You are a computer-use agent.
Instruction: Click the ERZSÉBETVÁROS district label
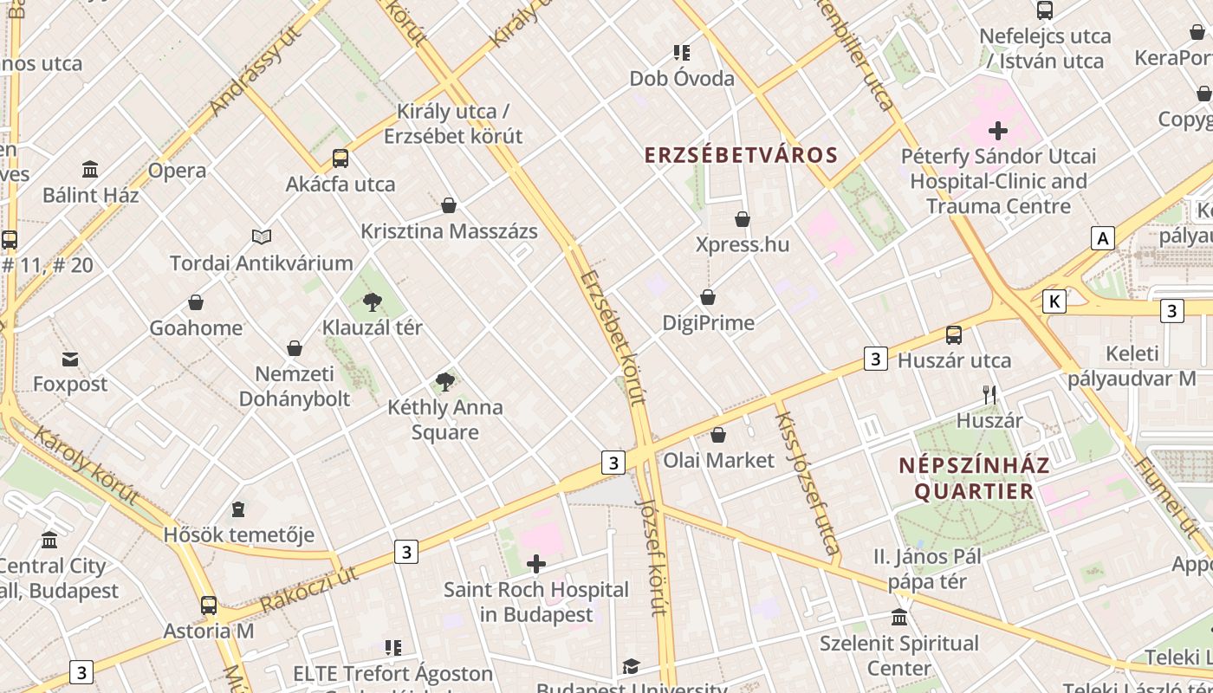pos(741,155)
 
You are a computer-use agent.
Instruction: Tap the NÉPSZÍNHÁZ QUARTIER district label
pos(974,478)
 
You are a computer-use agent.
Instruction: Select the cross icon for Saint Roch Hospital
pos(536,565)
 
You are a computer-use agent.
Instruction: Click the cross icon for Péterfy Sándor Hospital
pos(998,131)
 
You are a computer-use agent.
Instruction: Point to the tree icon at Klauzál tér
pos(373,302)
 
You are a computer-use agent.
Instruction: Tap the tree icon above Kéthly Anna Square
pos(445,381)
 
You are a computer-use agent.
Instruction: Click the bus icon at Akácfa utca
pos(341,159)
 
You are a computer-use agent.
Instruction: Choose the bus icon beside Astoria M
pos(209,605)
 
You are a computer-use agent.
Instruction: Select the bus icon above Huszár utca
pos(954,334)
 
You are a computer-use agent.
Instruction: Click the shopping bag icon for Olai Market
pos(718,435)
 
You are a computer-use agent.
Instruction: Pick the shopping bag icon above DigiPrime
pos(708,297)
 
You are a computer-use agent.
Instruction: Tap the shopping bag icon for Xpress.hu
pos(743,219)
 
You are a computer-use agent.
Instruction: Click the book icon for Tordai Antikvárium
pos(261,236)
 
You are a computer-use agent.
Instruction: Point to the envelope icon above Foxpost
pos(70,359)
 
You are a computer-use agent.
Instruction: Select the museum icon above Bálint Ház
pos(90,169)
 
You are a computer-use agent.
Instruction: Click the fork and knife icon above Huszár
pos(989,395)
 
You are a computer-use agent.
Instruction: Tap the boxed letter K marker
pos(1054,301)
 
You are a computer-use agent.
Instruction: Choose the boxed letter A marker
pos(1102,238)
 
